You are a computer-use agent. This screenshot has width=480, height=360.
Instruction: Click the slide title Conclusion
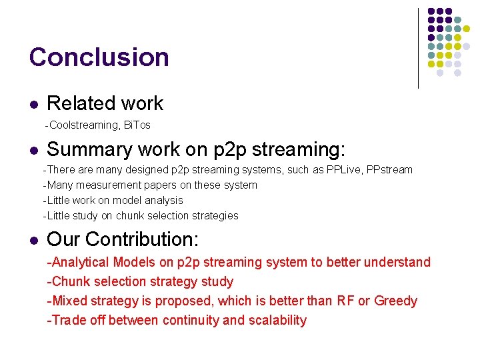99,57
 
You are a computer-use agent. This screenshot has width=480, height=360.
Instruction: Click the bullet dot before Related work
33,105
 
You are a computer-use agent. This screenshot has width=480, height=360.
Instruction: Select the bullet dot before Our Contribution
33,240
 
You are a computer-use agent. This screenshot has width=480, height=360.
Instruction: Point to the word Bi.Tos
137,125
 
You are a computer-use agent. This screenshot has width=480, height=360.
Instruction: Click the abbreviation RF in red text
345,301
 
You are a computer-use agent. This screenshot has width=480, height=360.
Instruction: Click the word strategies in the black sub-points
213,216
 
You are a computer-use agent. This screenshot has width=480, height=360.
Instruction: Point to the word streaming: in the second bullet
300,150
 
